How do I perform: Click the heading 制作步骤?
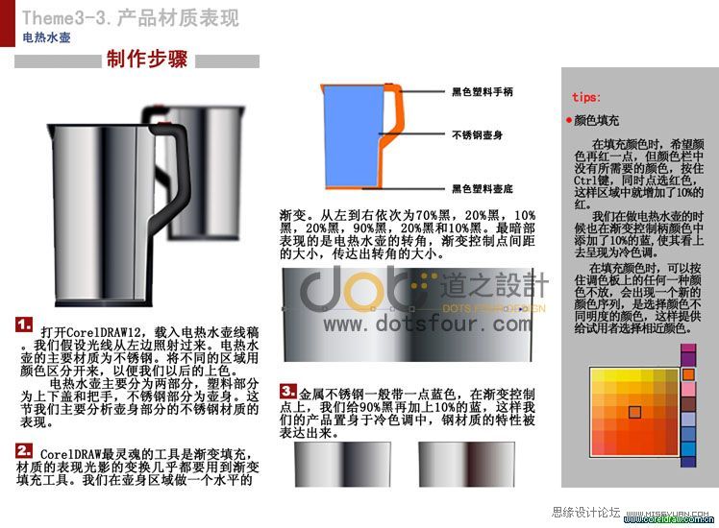click(x=146, y=60)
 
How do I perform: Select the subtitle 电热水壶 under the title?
click(x=46, y=38)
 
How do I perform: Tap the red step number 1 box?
click(x=25, y=325)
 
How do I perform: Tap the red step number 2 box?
click(x=25, y=449)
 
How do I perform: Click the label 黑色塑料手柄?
click(x=482, y=92)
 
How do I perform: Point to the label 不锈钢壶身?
click(x=479, y=134)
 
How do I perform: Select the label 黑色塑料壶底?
click(x=482, y=188)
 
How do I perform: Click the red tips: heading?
click(x=586, y=97)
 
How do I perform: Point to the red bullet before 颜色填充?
click(x=569, y=121)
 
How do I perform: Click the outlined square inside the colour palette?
click(x=633, y=412)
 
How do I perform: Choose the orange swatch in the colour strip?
click(x=688, y=373)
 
